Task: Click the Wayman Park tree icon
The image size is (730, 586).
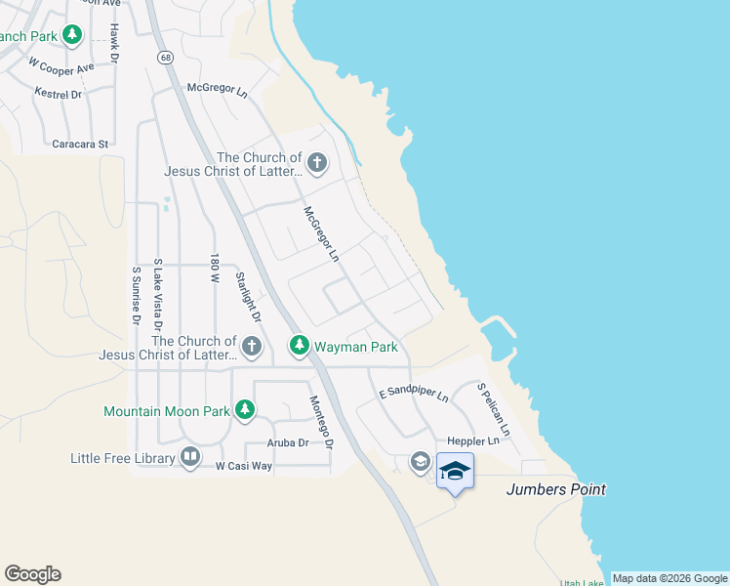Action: click(299, 346)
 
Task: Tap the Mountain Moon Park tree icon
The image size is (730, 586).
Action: click(245, 410)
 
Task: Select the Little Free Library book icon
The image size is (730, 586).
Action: click(190, 457)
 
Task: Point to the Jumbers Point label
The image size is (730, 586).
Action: click(555, 489)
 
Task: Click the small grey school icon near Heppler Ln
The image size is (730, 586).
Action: click(420, 462)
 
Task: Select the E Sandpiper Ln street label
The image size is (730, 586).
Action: click(413, 394)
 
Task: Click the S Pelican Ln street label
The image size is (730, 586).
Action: click(493, 409)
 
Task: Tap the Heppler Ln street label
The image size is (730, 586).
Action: click(472, 441)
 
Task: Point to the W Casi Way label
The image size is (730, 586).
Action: click(243, 467)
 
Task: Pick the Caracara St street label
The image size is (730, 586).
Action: click(80, 144)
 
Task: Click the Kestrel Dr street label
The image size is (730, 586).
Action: click(57, 94)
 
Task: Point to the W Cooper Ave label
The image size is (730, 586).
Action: click(61, 65)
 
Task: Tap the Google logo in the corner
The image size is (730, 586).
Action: click(32, 574)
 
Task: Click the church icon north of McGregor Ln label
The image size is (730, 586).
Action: click(316, 163)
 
